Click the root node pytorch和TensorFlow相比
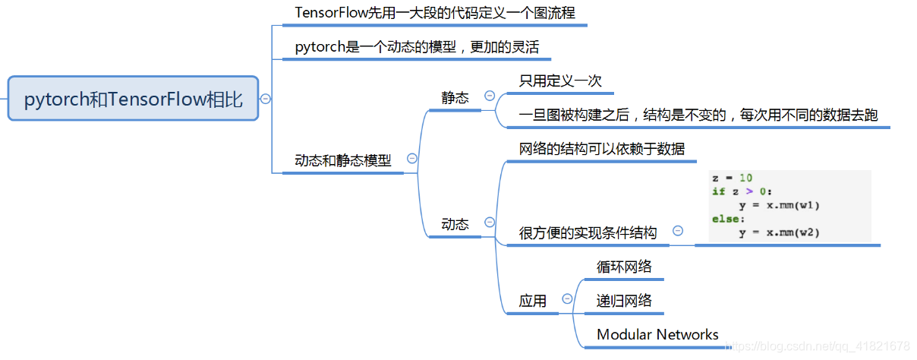tap(134, 99)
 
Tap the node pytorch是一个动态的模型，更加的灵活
tap(417, 47)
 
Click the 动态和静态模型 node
tap(343, 161)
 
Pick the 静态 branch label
tap(455, 97)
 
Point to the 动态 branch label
tap(455, 224)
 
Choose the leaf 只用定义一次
tap(560, 81)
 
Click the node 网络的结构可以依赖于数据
tap(601, 148)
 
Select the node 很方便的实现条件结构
tap(588, 232)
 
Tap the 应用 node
tap(532, 301)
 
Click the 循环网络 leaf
tap(624, 267)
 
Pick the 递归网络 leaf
tap(624, 301)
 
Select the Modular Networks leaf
tap(657, 334)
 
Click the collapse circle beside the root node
tap(266, 99)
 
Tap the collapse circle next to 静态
tap(490, 96)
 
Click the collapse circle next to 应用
tap(566, 299)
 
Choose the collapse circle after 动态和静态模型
tap(412, 159)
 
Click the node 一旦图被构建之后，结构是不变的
tap(698, 115)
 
